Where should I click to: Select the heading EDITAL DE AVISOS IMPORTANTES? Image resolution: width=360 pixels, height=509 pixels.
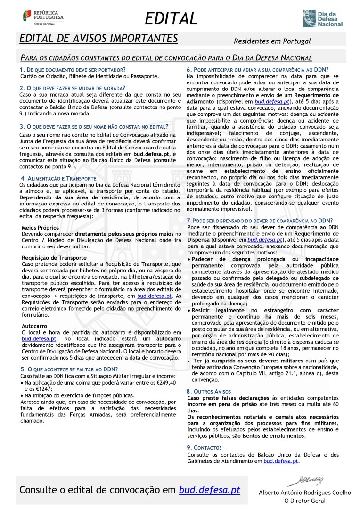click(x=99, y=38)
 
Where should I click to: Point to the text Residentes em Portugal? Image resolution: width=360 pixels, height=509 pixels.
click(x=272, y=41)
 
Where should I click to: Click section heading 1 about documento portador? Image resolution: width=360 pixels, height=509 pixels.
click(x=73, y=70)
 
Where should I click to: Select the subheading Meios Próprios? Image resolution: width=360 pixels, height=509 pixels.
click(x=41, y=228)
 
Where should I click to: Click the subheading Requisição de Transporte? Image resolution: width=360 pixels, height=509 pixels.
click(x=54, y=258)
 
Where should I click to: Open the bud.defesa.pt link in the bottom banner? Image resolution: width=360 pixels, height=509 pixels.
click(x=209, y=490)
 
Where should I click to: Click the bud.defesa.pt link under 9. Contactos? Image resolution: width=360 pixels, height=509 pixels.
click(x=281, y=461)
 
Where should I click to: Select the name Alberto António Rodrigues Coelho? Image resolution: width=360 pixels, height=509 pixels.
click(x=305, y=493)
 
